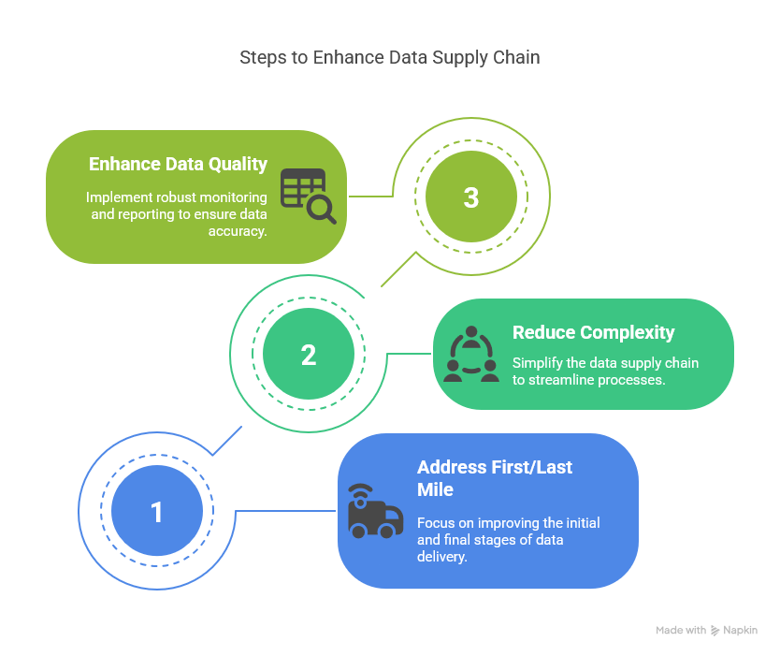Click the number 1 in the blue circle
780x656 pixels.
click(156, 512)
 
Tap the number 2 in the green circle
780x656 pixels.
click(309, 355)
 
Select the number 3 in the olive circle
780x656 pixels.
click(470, 197)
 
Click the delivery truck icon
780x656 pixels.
click(374, 512)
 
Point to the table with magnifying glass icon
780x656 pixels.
click(308, 196)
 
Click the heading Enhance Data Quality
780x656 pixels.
click(178, 164)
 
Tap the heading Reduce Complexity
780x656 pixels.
click(593, 332)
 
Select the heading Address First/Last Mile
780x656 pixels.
click(495, 478)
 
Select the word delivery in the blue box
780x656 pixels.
click(441, 557)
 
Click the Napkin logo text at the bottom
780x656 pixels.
click(740, 631)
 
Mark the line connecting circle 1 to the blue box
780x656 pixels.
click(285, 511)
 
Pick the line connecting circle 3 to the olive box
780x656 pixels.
click(369, 197)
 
